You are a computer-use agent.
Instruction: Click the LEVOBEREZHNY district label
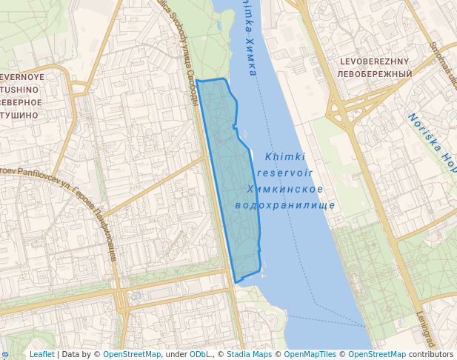tap(373, 61)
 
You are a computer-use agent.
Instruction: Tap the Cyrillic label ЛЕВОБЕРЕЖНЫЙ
tap(373, 74)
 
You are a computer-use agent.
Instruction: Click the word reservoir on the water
tap(284, 173)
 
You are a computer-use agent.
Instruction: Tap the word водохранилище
tap(284, 205)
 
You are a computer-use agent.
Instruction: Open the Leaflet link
tap(41, 354)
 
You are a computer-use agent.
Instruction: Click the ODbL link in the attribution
tap(199, 354)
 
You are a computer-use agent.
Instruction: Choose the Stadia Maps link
tap(249, 354)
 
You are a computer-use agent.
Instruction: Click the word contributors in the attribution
tap(430, 354)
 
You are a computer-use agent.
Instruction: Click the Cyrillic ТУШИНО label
tap(19, 116)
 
